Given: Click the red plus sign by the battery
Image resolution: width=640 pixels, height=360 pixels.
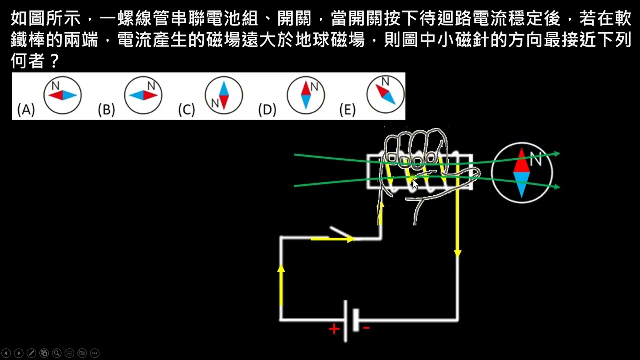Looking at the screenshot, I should (x=333, y=329).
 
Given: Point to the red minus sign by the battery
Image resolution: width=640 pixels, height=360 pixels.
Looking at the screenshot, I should (x=366, y=328).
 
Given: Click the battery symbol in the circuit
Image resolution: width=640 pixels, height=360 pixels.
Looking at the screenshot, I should (x=350, y=320).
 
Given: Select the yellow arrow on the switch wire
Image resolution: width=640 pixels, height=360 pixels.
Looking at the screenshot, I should (x=332, y=239).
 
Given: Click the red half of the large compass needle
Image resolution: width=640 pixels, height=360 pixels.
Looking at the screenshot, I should (x=521, y=161).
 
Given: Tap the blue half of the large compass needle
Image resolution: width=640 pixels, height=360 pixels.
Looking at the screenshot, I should (x=521, y=184).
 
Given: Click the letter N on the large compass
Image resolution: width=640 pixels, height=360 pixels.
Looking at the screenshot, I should (x=536, y=160).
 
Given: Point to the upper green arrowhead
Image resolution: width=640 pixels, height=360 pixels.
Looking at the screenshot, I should (x=556, y=154).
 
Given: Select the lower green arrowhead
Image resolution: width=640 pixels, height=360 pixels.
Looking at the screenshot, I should (x=556, y=187).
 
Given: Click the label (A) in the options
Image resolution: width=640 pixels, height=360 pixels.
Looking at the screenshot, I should (x=26, y=110).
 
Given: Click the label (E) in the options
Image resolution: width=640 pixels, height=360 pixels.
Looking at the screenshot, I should (x=347, y=110).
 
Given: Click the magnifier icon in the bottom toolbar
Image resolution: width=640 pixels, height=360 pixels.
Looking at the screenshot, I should (x=57, y=353).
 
